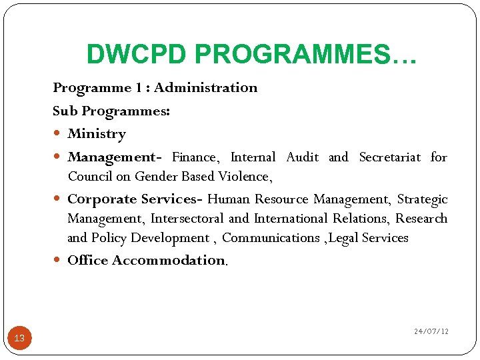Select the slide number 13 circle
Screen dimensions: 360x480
pyautogui.click(x=19, y=338)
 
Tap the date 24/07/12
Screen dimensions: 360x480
pyautogui.click(x=431, y=331)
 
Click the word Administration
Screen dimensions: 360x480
pyautogui.click(x=206, y=88)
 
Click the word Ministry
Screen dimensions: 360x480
pyautogui.click(x=97, y=134)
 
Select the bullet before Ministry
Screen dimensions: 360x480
pyautogui.click(x=59, y=134)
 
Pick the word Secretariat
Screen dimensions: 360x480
pyautogui.click(x=390, y=157)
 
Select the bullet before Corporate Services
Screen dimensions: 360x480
pyautogui.click(x=59, y=199)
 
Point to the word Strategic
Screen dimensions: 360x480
pyautogui.click(x=423, y=199)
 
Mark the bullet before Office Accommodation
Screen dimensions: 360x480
pyautogui.click(x=59, y=261)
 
